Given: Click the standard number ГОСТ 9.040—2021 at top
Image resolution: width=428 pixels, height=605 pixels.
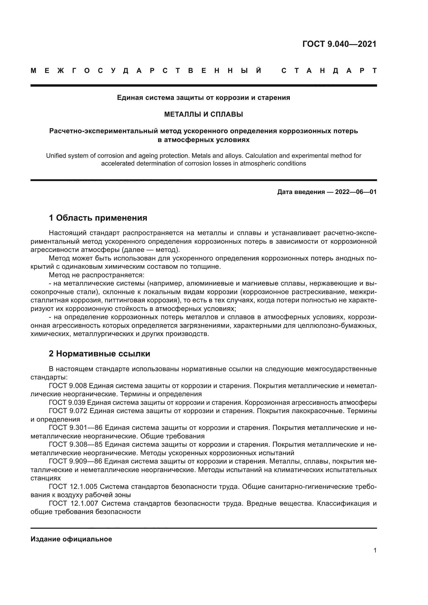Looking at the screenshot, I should (x=339, y=44).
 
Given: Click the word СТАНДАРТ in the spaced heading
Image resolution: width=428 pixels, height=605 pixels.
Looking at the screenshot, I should (x=329, y=71).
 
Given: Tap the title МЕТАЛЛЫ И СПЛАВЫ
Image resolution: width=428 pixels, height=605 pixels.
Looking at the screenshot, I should (x=203, y=114).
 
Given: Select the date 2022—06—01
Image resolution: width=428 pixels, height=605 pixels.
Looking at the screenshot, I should (x=356, y=192).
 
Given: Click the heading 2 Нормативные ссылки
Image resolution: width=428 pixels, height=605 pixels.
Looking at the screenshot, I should (x=99, y=354).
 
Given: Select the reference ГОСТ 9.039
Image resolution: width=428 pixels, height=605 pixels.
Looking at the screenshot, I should (x=67, y=403).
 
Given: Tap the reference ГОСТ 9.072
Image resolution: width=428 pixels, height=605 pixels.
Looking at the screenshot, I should (x=68, y=411).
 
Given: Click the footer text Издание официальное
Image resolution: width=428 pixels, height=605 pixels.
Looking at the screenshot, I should (x=71, y=539).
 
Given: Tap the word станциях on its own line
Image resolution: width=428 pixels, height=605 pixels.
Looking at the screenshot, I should (x=45, y=478).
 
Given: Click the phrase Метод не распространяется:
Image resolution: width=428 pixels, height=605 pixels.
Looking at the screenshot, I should (x=97, y=275).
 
